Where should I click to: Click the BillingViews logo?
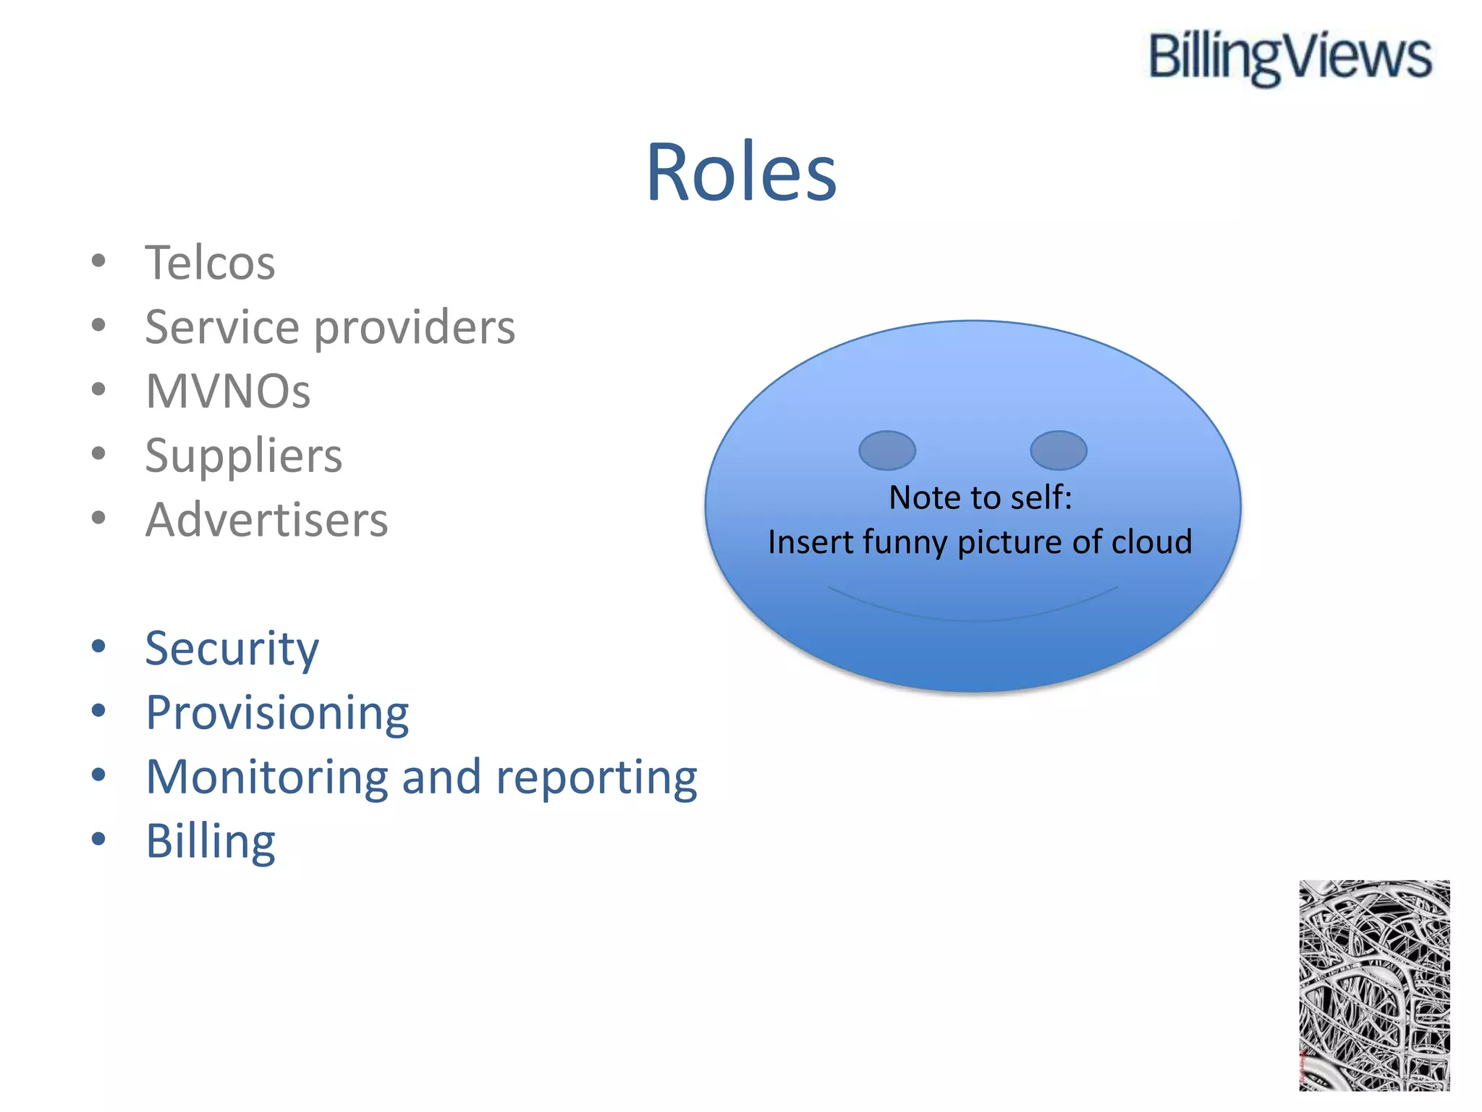coord(1290,58)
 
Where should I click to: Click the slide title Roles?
coord(741,172)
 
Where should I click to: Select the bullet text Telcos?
coord(210,262)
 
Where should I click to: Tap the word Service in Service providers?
coord(222,327)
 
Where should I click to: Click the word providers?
coord(415,328)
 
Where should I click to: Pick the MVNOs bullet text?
coord(228,391)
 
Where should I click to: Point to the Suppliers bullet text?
coord(243,456)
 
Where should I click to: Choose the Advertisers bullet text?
coord(266,520)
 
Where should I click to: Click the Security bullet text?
coord(232,649)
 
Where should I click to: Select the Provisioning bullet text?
coord(277,713)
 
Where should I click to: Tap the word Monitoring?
coord(266,778)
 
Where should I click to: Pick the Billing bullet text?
coord(211,842)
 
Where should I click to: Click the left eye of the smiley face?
coord(886,450)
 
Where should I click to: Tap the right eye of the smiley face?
coord(1058,450)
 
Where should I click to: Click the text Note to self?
coord(980,497)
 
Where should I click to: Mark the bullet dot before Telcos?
coord(99,261)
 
